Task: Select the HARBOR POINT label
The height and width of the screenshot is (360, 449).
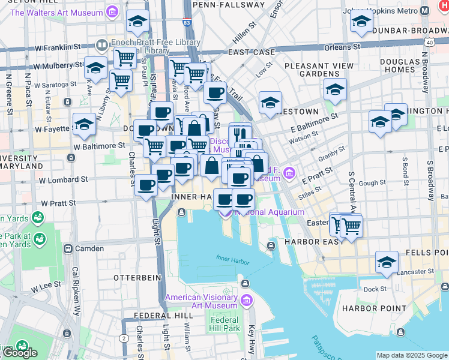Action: click(366, 308)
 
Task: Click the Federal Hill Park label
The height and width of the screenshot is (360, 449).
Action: click(224, 324)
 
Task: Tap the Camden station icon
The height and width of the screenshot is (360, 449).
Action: click(68, 248)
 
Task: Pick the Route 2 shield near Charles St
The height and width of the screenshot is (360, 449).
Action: click(124, 338)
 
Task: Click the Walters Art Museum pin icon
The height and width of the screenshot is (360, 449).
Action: click(112, 11)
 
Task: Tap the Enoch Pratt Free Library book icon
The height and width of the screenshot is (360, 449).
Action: click(101, 44)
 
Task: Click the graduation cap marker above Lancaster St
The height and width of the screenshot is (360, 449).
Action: click(387, 262)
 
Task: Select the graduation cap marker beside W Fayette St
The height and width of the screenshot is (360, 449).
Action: click(85, 124)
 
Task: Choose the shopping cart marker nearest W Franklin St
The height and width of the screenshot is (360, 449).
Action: click(124, 58)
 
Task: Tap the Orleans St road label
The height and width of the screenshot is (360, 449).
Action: click(344, 46)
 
